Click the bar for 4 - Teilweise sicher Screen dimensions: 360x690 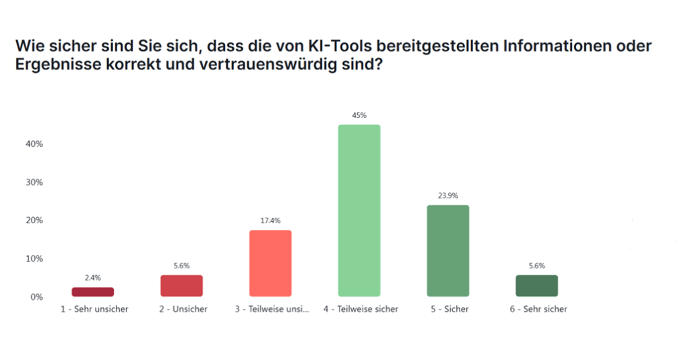click(x=359, y=210)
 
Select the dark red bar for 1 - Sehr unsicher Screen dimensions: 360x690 click(x=93, y=292)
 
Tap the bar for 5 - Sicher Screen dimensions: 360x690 click(x=448, y=251)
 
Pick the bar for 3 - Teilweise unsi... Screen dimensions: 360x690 click(x=270, y=263)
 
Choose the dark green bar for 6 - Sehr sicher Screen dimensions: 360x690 click(x=536, y=286)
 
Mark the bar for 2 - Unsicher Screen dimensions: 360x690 click(x=181, y=286)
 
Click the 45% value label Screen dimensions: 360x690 click(x=359, y=115)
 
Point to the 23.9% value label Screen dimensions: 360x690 click(x=448, y=196)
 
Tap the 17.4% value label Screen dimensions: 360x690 click(x=270, y=221)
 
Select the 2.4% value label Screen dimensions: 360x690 click(x=93, y=278)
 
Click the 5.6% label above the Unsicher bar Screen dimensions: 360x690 click(x=181, y=266)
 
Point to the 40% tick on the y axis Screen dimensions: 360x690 click(x=34, y=144)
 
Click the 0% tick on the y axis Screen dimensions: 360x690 click(x=37, y=297)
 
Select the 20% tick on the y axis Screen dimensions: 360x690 click(x=34, y=220)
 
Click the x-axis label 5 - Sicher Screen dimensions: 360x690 click(x=448, y=309)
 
